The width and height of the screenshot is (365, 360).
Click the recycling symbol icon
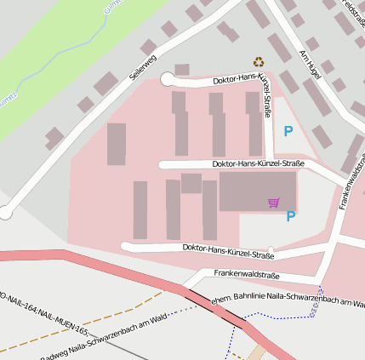coord(259,61)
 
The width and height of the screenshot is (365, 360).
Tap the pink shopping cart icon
coord(273,203)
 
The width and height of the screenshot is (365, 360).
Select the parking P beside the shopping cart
coord(291,216)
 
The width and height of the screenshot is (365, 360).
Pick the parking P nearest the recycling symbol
coord(288,131)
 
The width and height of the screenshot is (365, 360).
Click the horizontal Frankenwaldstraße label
coord(247,274)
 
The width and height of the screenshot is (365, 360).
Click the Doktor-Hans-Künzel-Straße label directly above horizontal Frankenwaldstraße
coord(228,250)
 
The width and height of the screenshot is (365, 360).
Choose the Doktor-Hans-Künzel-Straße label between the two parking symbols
coord(258,163)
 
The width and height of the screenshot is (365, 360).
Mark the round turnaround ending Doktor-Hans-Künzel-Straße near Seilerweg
coord(167,79)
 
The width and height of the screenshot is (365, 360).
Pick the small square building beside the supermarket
coord(191,183)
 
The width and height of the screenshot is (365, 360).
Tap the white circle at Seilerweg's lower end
coord(5,213)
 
